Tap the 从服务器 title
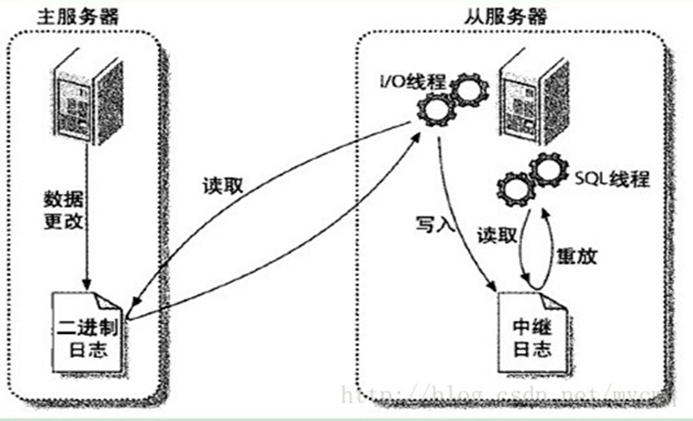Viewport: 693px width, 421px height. tap(511, 16)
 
